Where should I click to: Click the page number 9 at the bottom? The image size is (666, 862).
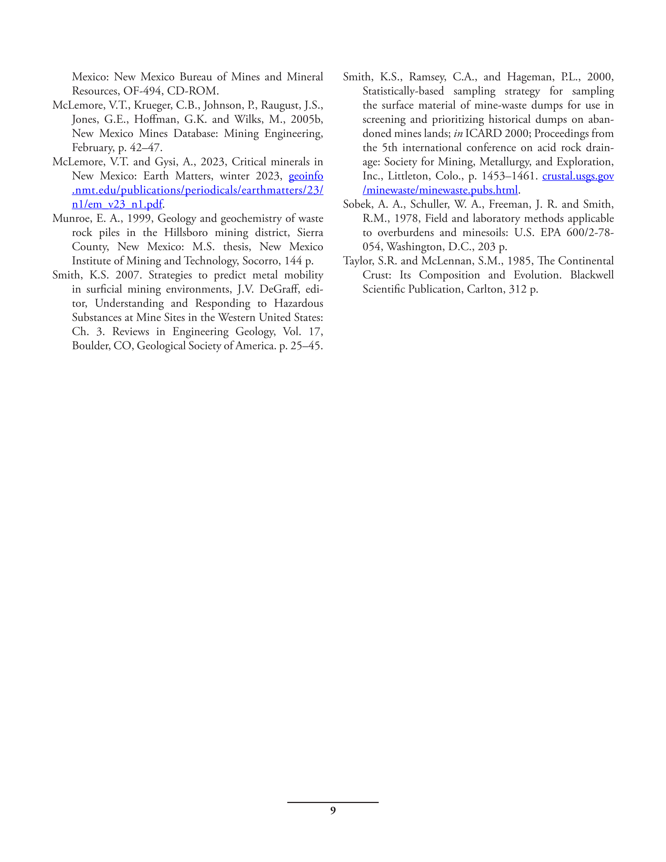click(333, 810)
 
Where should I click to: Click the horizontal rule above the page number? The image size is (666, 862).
click(333, 802)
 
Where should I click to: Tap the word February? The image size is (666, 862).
click(93, 147)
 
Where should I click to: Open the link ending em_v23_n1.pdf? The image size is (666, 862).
click(117, 205)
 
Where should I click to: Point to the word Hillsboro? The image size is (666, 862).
click(186, 233)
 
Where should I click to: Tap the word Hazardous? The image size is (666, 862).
click(298, 304)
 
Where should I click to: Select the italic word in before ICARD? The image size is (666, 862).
click(458, 133)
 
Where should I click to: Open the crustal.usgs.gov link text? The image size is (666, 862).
click(578, 176)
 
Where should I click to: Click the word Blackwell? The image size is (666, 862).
click(591, 275)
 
